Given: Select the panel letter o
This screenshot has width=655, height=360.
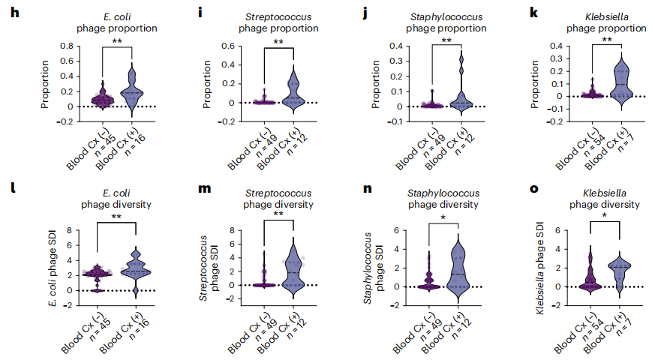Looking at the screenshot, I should pos(533,188).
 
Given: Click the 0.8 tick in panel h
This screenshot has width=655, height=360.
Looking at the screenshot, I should pos(65,46).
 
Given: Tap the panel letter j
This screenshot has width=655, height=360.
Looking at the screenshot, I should pos(366,13).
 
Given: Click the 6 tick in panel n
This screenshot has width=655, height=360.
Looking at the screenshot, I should pos(395,230).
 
